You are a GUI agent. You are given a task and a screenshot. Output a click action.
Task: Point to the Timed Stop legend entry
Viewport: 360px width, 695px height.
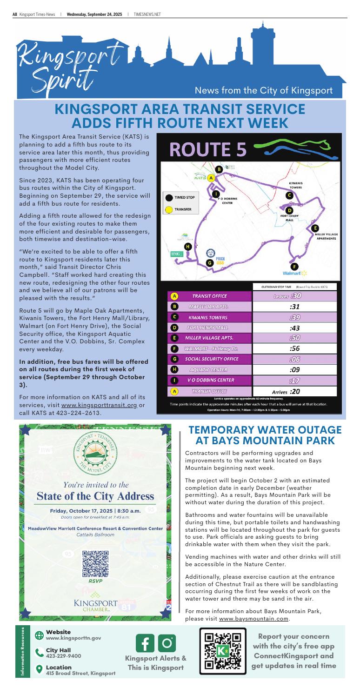181,197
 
